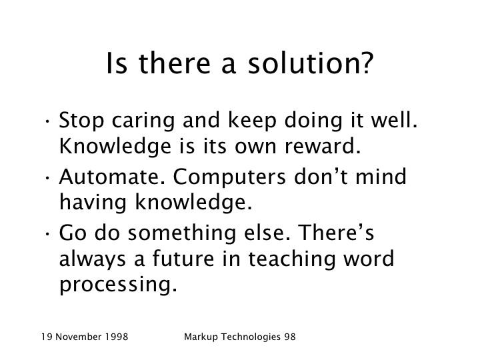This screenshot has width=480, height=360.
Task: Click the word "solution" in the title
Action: pos(301,63)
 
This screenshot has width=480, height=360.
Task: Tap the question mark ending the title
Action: pos(365,63)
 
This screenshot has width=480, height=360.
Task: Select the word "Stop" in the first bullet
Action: pos(81,121)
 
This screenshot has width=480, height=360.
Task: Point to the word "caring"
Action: pos(143,121)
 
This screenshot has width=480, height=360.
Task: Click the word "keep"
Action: pos(252,121)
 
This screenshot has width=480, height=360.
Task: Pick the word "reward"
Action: pos(323,146)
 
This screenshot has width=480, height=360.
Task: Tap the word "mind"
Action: pos(381,176)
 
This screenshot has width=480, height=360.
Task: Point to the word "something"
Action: pos(182,233)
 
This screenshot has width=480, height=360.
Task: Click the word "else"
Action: pos(267,233)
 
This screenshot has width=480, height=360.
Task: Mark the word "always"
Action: pos(93,259)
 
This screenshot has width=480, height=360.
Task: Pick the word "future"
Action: pos(183,259)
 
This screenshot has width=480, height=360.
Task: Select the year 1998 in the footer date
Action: pos(117,337)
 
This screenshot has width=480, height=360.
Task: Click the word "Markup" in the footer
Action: pos(201,337)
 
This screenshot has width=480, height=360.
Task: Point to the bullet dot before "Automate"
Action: pos(47,177)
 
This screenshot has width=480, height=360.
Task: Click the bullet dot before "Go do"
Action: pos(47,233)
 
